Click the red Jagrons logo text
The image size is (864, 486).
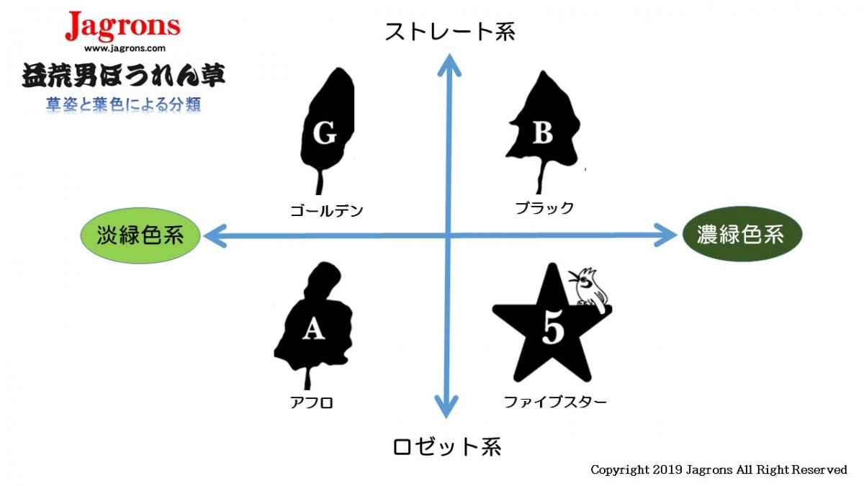(x=122, y=27)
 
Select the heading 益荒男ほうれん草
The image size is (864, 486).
(x=123, y=76)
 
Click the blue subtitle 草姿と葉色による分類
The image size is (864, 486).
(x=123, y=104)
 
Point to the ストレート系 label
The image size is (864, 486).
(x=450, y=32)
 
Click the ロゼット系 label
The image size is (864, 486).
(x=447, y=446)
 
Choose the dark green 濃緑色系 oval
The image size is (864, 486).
(x=742, y=234)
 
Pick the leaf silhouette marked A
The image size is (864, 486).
(x=313, y=320)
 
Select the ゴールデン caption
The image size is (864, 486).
(x=327, y=211)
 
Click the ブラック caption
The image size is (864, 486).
(x=544, y=208)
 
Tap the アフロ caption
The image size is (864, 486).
(x=311, y=402)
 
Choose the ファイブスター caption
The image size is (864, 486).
(x=554, y=402)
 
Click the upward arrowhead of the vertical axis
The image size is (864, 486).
(x=450, y=63)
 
